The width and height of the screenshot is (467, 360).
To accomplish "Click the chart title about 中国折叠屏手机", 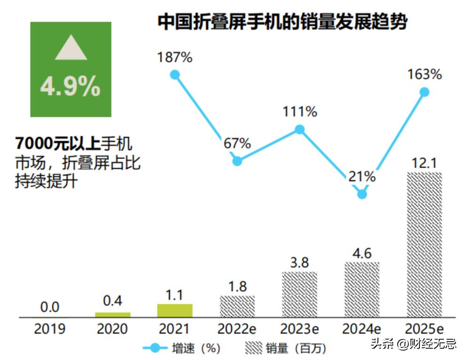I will pos(282,22).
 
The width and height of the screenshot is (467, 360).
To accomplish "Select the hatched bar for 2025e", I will pos(424,245).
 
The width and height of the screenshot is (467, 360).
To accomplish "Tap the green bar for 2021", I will pos(174,311).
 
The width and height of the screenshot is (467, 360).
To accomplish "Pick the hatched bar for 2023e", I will pos(300,294).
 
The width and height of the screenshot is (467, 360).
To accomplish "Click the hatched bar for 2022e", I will pos(237,306).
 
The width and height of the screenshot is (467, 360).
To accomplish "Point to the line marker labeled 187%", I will pos(175,74).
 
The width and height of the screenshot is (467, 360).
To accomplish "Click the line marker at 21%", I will pos(362,194).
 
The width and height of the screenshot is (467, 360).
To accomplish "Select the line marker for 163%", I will pos(424,92).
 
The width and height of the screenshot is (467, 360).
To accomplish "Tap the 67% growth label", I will pos(237,144).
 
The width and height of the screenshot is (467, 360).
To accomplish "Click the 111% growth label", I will pos(300,112).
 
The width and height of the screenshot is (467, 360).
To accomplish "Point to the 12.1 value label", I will pos(424,163).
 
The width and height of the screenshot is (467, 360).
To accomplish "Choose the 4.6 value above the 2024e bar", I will pos(362,253).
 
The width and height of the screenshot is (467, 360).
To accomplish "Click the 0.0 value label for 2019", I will pos(49,307).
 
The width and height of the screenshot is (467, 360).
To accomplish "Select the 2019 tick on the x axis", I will pos(49,329).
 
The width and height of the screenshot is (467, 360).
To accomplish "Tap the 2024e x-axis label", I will pos(362,329).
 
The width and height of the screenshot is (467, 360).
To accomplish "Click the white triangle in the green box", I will pos(71,49).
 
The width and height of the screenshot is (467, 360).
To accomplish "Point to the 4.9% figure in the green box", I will pos(71,86).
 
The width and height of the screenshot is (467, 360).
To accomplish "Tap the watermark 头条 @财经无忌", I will pos(413,344).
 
